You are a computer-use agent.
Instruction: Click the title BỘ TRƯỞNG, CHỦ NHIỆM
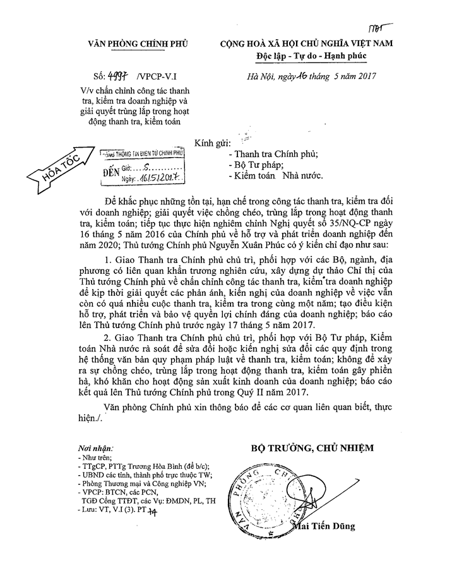pos(312,448)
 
